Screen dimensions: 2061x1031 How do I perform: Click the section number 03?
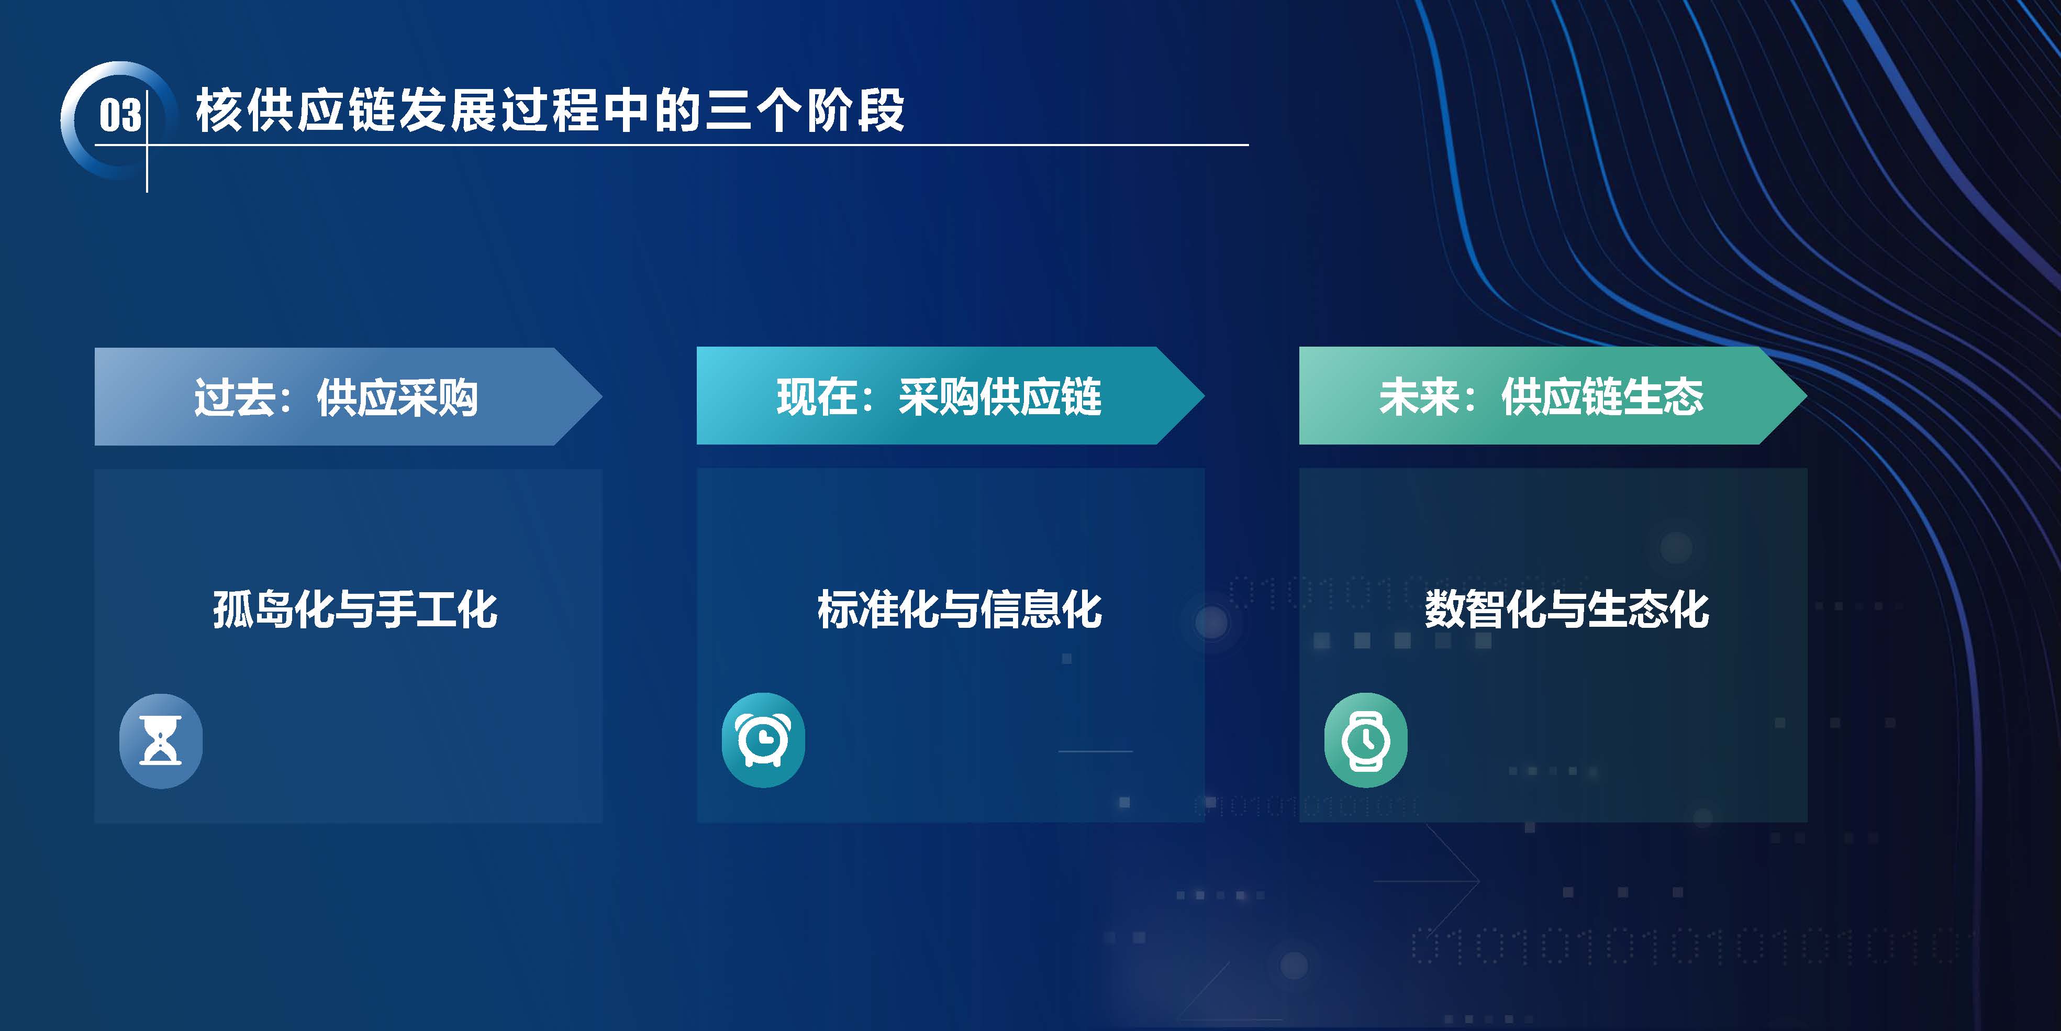pos(120,115)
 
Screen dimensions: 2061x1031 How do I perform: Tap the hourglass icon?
pos(161,740)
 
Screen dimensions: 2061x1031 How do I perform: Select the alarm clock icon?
pos(763,740)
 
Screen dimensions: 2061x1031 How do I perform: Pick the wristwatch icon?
pos(1366,740)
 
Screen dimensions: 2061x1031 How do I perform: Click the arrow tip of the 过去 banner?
pos(601,396)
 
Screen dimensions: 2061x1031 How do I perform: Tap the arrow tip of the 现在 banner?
pos(1204,395)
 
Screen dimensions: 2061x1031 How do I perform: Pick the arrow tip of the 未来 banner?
pos(1807,395)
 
